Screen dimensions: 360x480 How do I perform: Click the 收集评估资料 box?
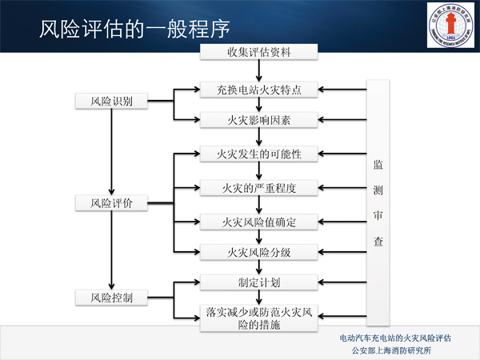point(258,54)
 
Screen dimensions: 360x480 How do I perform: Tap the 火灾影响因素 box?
point(258,121)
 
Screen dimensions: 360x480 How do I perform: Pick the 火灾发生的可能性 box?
point(258,154)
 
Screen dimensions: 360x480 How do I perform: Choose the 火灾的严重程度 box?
point(258,188)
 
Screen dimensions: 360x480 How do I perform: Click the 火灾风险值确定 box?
point(258,222)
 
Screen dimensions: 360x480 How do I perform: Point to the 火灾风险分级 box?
point(258,253)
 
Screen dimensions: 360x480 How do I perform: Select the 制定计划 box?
point(258,283)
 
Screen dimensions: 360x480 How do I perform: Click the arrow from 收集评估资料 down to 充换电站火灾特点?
point(258,70)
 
